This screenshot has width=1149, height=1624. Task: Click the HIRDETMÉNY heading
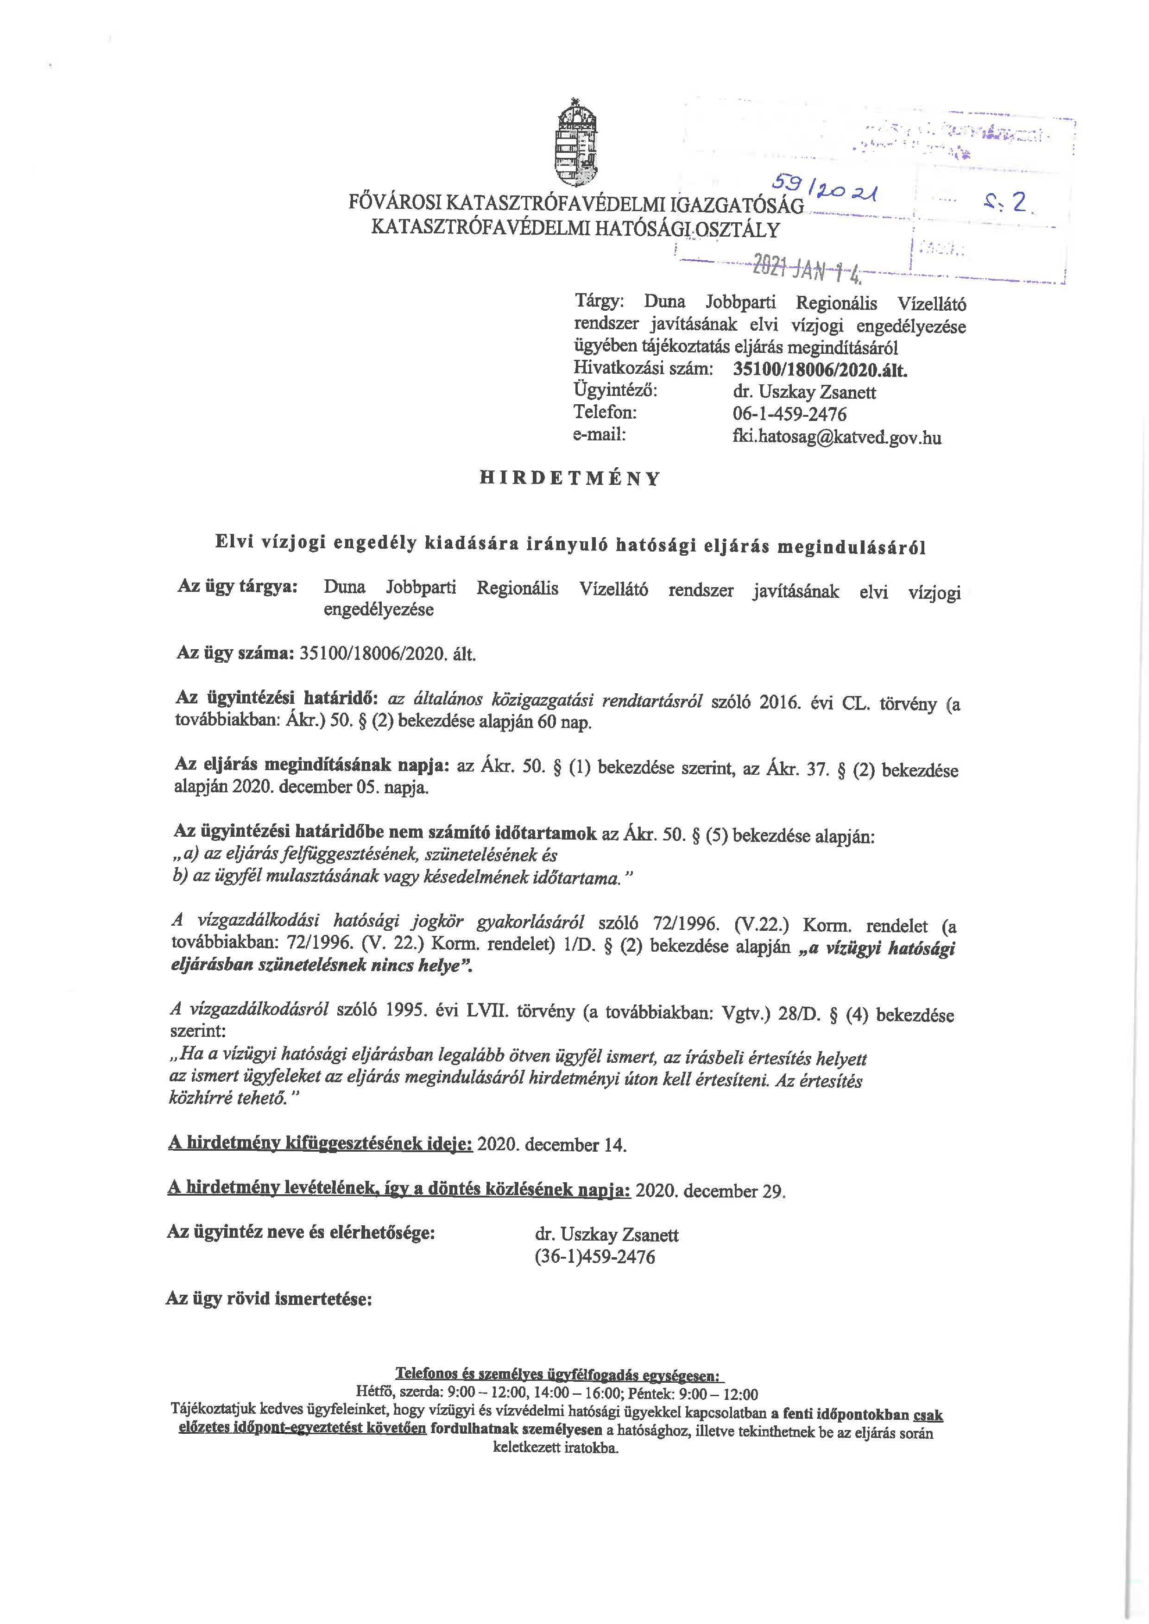point(569,479)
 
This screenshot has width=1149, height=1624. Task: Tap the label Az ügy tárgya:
point(237,588)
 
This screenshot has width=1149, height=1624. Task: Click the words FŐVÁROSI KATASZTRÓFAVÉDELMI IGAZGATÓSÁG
point(577,205)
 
